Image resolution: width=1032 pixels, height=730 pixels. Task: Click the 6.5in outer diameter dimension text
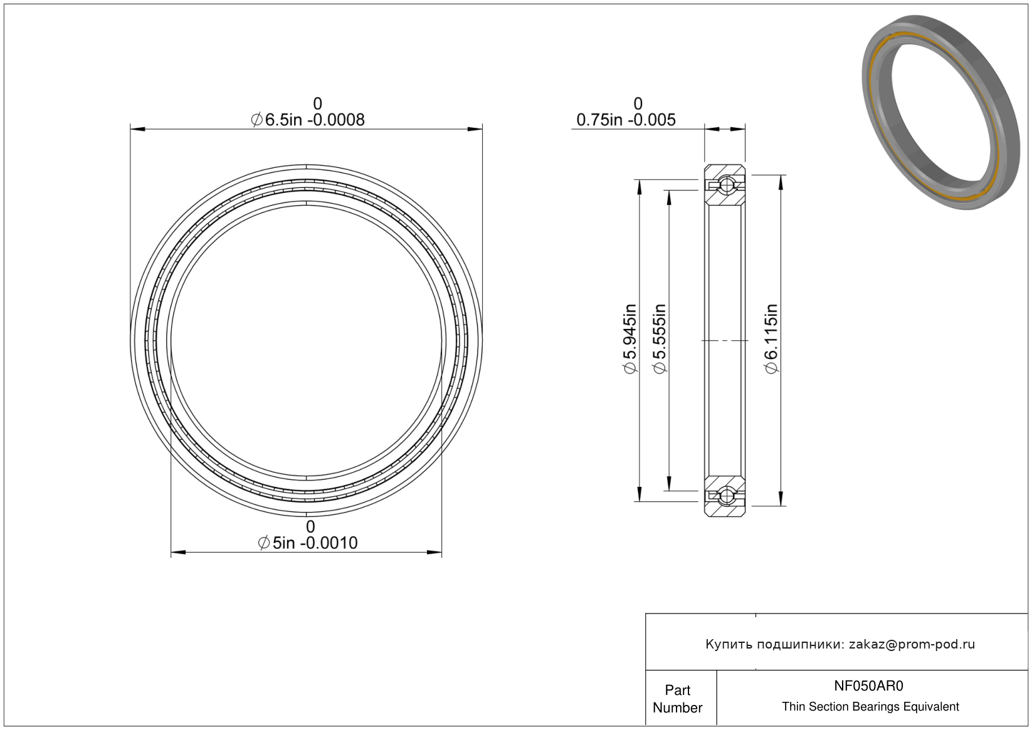coord(307,120)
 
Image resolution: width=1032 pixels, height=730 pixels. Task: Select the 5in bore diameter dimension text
coord(307,543)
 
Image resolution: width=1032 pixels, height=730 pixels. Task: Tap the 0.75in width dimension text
coord(626,120)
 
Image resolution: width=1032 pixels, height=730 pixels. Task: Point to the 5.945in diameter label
coord(630,339)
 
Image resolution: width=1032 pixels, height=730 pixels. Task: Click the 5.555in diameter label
coord(660,339)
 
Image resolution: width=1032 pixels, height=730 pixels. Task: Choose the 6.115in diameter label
coord(771,339)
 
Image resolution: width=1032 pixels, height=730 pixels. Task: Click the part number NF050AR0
coord(868,686)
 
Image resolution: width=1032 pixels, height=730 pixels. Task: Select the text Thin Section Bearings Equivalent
coord(870,707)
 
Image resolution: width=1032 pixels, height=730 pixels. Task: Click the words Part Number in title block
coord(677,699)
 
